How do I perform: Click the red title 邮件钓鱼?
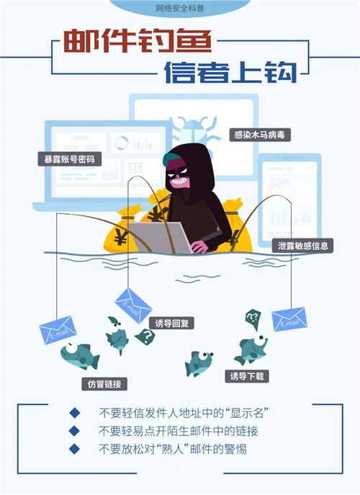(x=138, y=41)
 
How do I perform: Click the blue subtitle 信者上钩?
(x=230, y=72)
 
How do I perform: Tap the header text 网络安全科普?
(x=180, y=9)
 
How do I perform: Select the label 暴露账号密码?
(x=69, y=159)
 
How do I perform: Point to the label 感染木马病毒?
(x=260, y=135)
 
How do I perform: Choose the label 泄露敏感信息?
(x=303, y=246)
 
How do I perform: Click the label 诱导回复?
(x=171, y=323)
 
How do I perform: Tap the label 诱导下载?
(x=247, y=376)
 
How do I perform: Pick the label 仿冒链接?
(x=104, y=384)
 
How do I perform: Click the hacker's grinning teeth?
(x=179, y=181)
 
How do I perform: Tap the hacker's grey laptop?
(x=160, y=237)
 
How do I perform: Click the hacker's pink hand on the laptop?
(x=199, y=246)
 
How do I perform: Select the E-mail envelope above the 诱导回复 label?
(x=133, y=306)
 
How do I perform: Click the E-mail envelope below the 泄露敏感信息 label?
(x=289, y=319)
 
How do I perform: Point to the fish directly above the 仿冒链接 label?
(x=80, y=356)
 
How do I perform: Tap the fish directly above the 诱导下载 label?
(x=251, y=349)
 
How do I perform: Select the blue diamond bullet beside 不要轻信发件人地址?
(x=75, y=413)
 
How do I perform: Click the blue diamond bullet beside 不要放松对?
(x=74, y=449)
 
